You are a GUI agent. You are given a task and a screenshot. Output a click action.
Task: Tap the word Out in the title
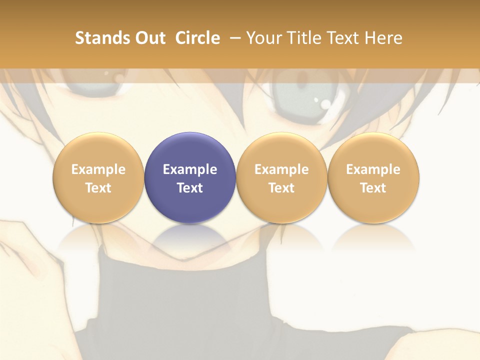pos(149,38)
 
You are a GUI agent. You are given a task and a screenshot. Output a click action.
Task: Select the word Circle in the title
pos(197,38)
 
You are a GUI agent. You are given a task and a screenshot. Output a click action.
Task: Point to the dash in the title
pos(233,38)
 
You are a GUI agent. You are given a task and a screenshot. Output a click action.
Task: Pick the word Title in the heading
pos(305,38)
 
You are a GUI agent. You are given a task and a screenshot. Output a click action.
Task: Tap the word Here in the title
pos(383,38)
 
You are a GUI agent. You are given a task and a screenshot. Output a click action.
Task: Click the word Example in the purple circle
pos(190,169)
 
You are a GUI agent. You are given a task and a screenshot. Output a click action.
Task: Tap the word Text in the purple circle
pos(190,188)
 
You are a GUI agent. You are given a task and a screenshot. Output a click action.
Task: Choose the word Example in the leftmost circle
pos(98,169)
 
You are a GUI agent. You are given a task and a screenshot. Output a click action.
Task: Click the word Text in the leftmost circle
pos(98,188)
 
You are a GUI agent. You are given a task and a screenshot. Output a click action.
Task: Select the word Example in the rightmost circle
pos(373,169)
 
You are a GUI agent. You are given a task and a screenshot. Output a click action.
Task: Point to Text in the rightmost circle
pos(373,188)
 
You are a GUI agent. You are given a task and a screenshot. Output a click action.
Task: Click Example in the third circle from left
pos(281,169)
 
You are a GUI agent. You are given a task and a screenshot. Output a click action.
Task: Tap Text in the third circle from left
pos(281,188)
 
